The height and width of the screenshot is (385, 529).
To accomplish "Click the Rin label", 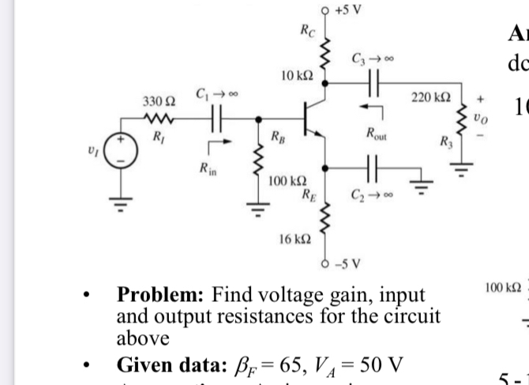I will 207,167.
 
